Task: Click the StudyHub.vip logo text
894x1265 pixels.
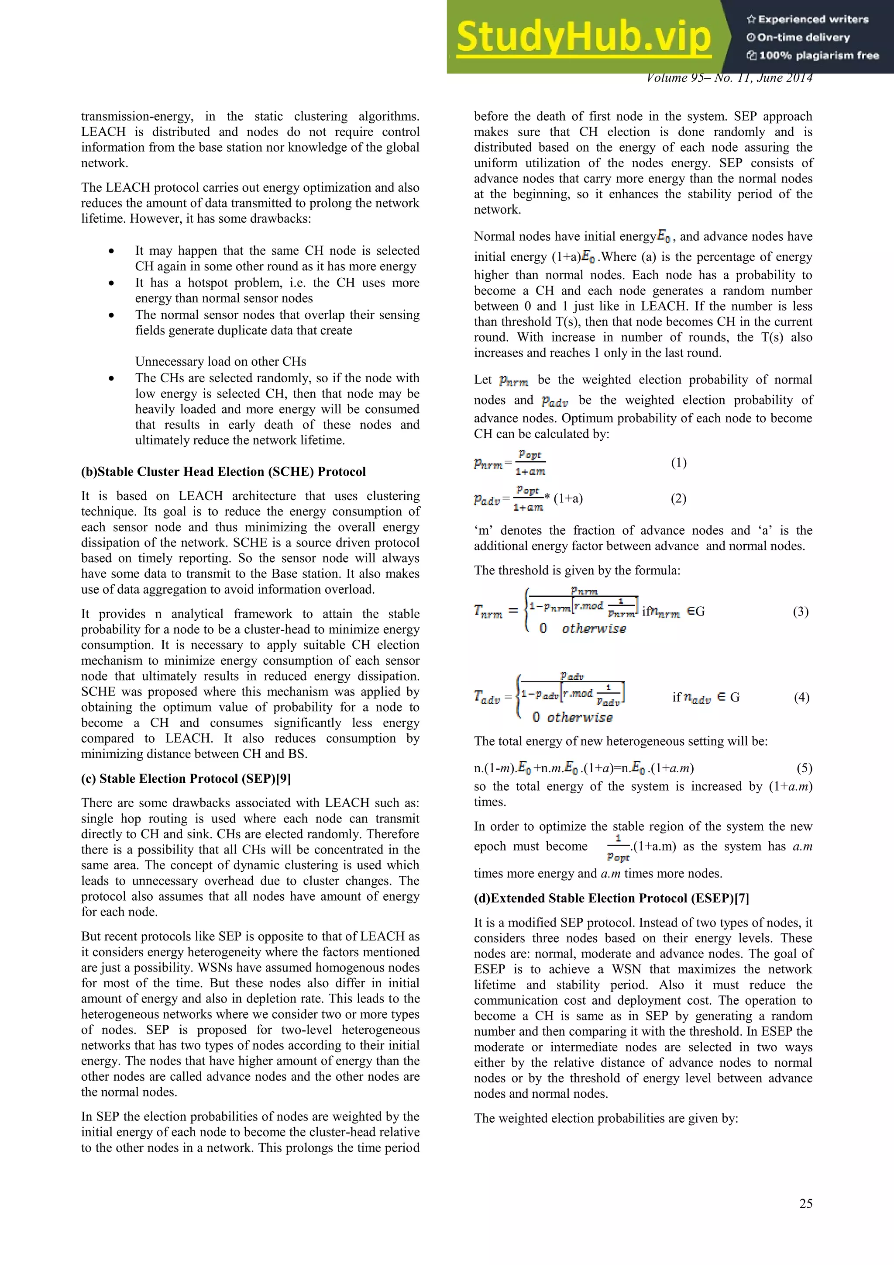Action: [x=584, y=36]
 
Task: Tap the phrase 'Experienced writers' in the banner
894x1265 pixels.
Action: [x=813, y=19]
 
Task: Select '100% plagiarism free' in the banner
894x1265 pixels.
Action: [x=818, y=55]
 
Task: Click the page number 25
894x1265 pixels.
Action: [x=805, y=1204]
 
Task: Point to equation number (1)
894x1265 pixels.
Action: [x=678, y=463]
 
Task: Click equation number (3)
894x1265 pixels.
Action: [x=801, y=612]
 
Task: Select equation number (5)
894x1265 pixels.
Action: [x=804, y=768]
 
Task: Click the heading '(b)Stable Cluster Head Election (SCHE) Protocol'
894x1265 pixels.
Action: [x=223, y=472]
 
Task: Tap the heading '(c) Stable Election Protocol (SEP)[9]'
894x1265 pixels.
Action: [x=186, y=778]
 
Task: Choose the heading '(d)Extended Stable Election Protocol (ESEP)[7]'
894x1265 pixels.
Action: [x=611, y=898]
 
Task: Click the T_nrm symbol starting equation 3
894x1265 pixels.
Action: [x=488, y=612]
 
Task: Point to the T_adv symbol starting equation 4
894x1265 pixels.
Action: [x=487, y=698]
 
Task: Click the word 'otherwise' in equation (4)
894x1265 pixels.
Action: [x=580, y=717]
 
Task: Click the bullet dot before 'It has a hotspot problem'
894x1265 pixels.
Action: [x=112, y=283]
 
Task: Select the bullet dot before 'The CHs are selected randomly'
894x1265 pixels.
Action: [x=112, y=379]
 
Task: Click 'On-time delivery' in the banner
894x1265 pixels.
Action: [x=803, y=38]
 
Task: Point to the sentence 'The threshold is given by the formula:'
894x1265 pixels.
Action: [x=577, y=571]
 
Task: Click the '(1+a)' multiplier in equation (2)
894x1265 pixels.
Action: [x=568, y=498]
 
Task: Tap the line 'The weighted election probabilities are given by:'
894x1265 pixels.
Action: [x=605, y=1118]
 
